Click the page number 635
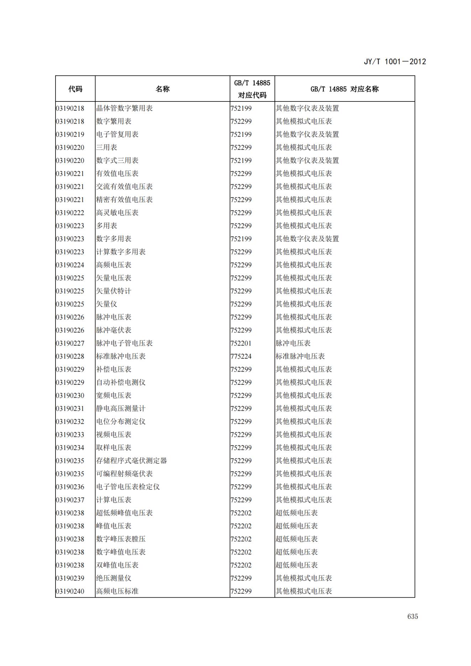[413, 616]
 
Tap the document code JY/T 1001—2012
[394, 62]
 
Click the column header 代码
[75, 89]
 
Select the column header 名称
[162, 89]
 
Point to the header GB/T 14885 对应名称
[344, 89]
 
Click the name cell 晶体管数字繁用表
[124, 108]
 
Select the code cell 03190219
[70, 135]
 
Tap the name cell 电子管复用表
[117, 135]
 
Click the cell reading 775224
[241, 356]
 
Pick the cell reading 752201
[241, 344]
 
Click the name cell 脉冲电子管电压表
[124, 344]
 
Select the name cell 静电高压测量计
[121, 409]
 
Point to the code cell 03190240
[70, 591]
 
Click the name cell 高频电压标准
[117, 591]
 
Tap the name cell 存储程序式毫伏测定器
[131, 461]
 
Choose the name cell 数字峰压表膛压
[121, 539]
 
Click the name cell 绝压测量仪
[114, 578]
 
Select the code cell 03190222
[70, 213]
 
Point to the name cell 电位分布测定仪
[121, 422]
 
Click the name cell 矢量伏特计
[114, 291]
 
